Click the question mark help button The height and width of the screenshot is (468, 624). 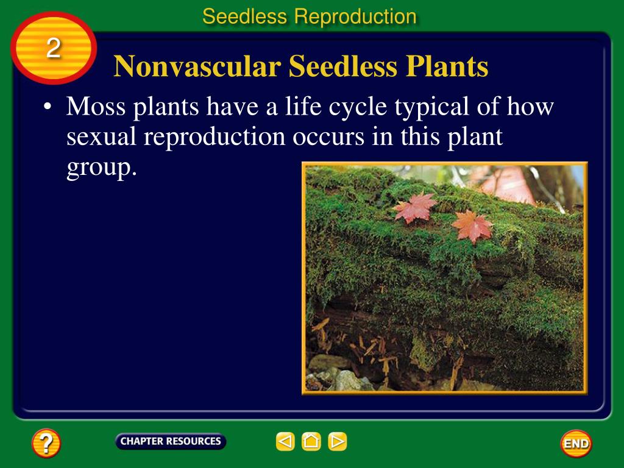pyautogui.click(x=46, y=442)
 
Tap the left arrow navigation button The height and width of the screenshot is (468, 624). pyautogui.click(x=285, y=441)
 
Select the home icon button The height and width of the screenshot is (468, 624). pyautogui.click(x=311, y=441)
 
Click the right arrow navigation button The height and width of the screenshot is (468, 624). pyautogui.click(x=338, y=441)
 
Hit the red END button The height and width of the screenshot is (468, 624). pyautogui.click(x=576, y=444)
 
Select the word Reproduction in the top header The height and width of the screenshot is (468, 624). pyautogui.click(x=355, y=16)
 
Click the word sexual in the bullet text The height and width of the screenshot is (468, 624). pyautogui.click(x=102, y=138)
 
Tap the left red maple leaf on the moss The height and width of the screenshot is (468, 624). pyautogui.click(x=416, y=208)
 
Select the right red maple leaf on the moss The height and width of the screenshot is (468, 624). pyautogui.click(x=472, y=226)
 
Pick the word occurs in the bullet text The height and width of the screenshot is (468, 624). pyautogui.click(x=327, y=138)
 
